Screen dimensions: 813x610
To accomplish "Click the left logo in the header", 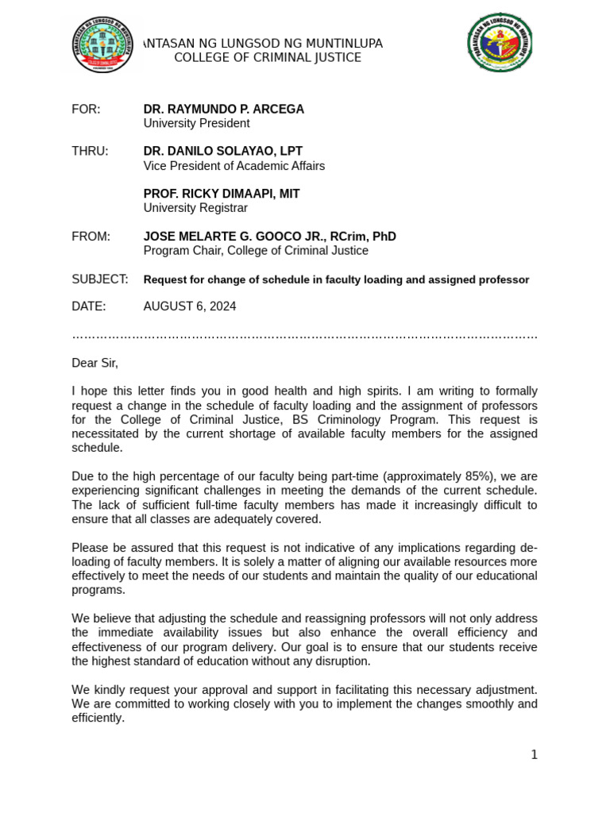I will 102,44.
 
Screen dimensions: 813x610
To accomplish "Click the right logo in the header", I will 500,43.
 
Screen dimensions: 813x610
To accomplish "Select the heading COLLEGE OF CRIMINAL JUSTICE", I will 267,58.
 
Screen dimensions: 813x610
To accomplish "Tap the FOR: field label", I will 86,110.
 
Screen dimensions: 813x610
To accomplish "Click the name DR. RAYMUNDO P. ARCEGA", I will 223,110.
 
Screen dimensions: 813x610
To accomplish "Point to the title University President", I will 196,124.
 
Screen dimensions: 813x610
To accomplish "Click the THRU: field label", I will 90,152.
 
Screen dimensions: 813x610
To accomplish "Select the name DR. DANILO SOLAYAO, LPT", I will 222,152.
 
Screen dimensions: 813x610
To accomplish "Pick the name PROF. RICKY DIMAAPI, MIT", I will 221,194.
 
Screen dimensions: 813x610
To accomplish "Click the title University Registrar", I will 195,208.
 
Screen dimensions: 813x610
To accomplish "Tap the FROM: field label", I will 91,237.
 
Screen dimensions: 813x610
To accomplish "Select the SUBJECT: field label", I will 99,279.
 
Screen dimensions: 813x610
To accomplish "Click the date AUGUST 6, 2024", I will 189,306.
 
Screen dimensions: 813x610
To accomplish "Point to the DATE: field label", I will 88,306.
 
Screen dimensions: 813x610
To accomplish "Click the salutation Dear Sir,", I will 95,363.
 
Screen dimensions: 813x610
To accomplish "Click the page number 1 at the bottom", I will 535,755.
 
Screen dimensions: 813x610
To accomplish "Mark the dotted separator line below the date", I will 304,336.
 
